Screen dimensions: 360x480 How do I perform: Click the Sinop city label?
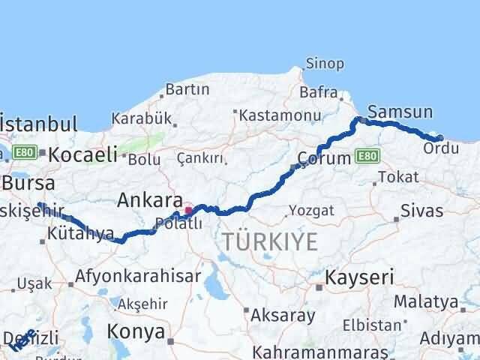click(x=325, y=64)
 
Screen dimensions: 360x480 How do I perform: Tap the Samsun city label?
click(x=400, y=112)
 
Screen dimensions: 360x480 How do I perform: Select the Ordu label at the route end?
click(x=441, y=148)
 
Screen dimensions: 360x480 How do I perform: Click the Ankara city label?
click(x=150, y=200)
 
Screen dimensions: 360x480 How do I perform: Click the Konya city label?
click(x=136, y=331)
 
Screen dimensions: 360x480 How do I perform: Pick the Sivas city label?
click(x=421, y=210)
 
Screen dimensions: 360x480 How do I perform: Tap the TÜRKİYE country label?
click(x=269, y=241)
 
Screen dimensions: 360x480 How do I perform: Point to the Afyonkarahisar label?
click(x=140, y=275)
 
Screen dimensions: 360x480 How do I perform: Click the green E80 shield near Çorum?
click(x=367, y=155)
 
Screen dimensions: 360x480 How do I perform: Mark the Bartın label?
click(x=187, y=89)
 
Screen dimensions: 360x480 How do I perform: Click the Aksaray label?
click(x=283, y=315)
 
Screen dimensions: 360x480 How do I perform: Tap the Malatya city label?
click(x=450, y=301)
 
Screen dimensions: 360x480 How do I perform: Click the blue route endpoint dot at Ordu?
click(x=439, y=137)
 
